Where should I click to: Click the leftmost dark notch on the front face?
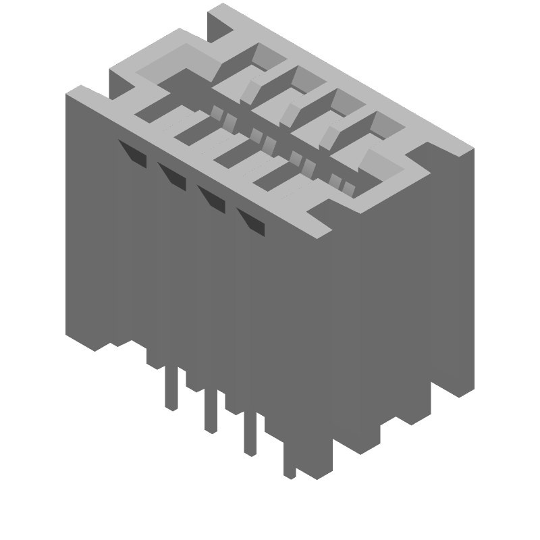[133, 153]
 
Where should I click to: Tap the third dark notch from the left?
[212, 198]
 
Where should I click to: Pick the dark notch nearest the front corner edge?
[251, 221]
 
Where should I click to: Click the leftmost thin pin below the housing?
[172, 388]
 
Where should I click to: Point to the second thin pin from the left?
[211, 410]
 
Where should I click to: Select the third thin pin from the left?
[250, 433]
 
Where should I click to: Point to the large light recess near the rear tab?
[169, 64]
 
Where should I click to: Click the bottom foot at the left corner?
[94, 341]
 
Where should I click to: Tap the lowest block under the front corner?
[314, 466]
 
